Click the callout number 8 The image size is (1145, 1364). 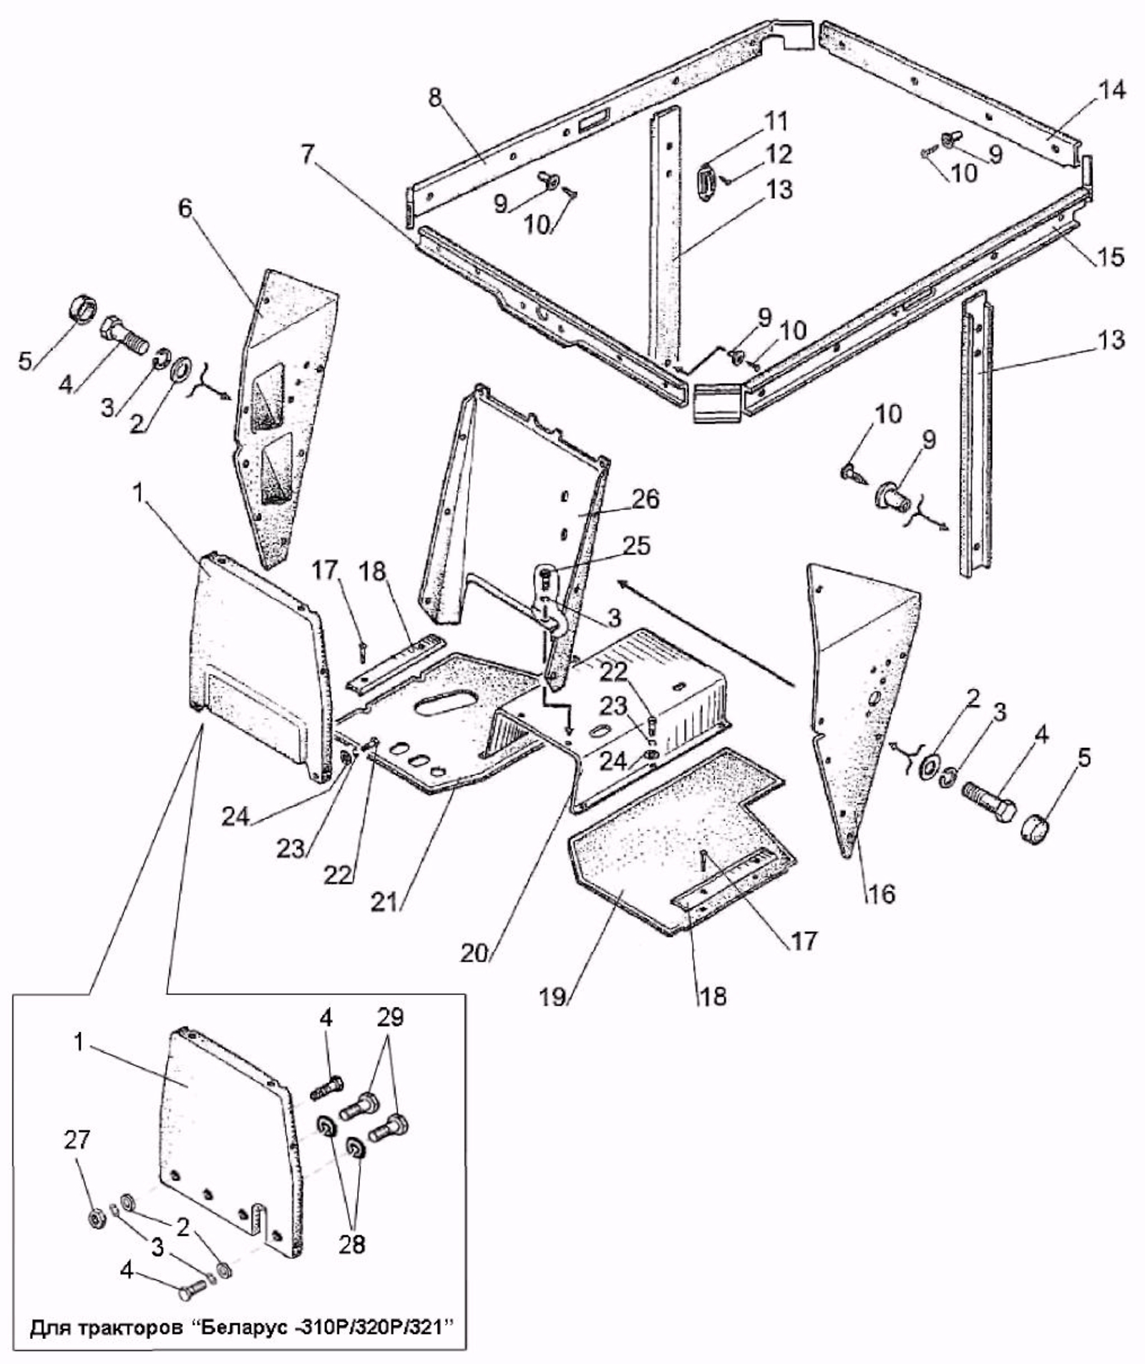coord(436,97)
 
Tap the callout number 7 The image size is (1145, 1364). coord(308,155)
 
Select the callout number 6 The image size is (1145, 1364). coord(185,208)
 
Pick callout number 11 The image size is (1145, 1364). coord(774,122)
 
